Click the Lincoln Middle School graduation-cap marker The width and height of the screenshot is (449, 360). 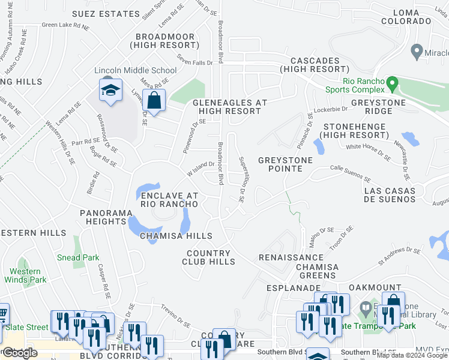tap(110, 91)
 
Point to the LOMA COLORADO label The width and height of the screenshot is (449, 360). tap(412, 16)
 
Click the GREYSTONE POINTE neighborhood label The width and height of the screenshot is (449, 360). tap(286, 160)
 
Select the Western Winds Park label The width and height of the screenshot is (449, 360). tap(25, 275)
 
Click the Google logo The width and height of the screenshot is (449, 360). tap(20, 353)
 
